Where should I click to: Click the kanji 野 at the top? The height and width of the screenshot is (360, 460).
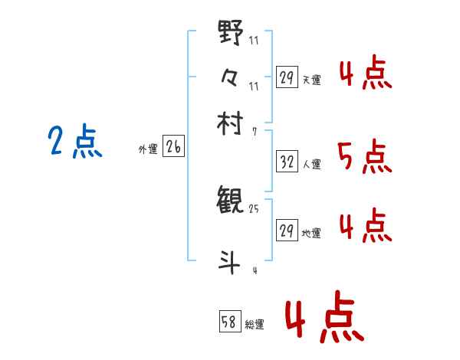coord(231,33)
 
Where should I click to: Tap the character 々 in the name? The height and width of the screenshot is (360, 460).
coord(231,77)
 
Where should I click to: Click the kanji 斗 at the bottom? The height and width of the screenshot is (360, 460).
coord(230,261)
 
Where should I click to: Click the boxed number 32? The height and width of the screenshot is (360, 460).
coord(287,162)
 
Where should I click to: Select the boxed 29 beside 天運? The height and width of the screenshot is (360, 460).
coord(287,77)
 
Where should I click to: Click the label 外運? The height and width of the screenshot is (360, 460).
coord(148,150)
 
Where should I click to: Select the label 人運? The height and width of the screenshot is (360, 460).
coord(311,164)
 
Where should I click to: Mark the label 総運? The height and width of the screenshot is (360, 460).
coord(255,325)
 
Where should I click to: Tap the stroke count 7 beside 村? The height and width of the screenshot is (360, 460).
coord(253,130)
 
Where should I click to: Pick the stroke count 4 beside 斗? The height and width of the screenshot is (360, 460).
coord(253,270)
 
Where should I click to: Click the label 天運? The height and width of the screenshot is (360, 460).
coord(311,80)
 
